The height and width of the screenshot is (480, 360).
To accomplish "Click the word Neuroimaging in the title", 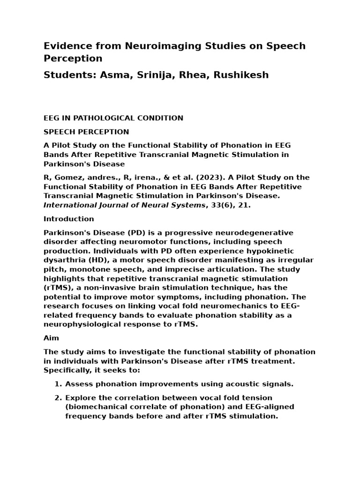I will click(x=155, y=46).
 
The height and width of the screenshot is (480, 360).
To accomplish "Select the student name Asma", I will click(x=114, y=75).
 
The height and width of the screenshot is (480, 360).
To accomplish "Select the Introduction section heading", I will click(x=69, y=219).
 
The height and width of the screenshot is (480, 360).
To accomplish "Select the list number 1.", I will click(x=58, y=384).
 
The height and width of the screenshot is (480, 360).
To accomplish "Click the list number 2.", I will click(x=58, y=398).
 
